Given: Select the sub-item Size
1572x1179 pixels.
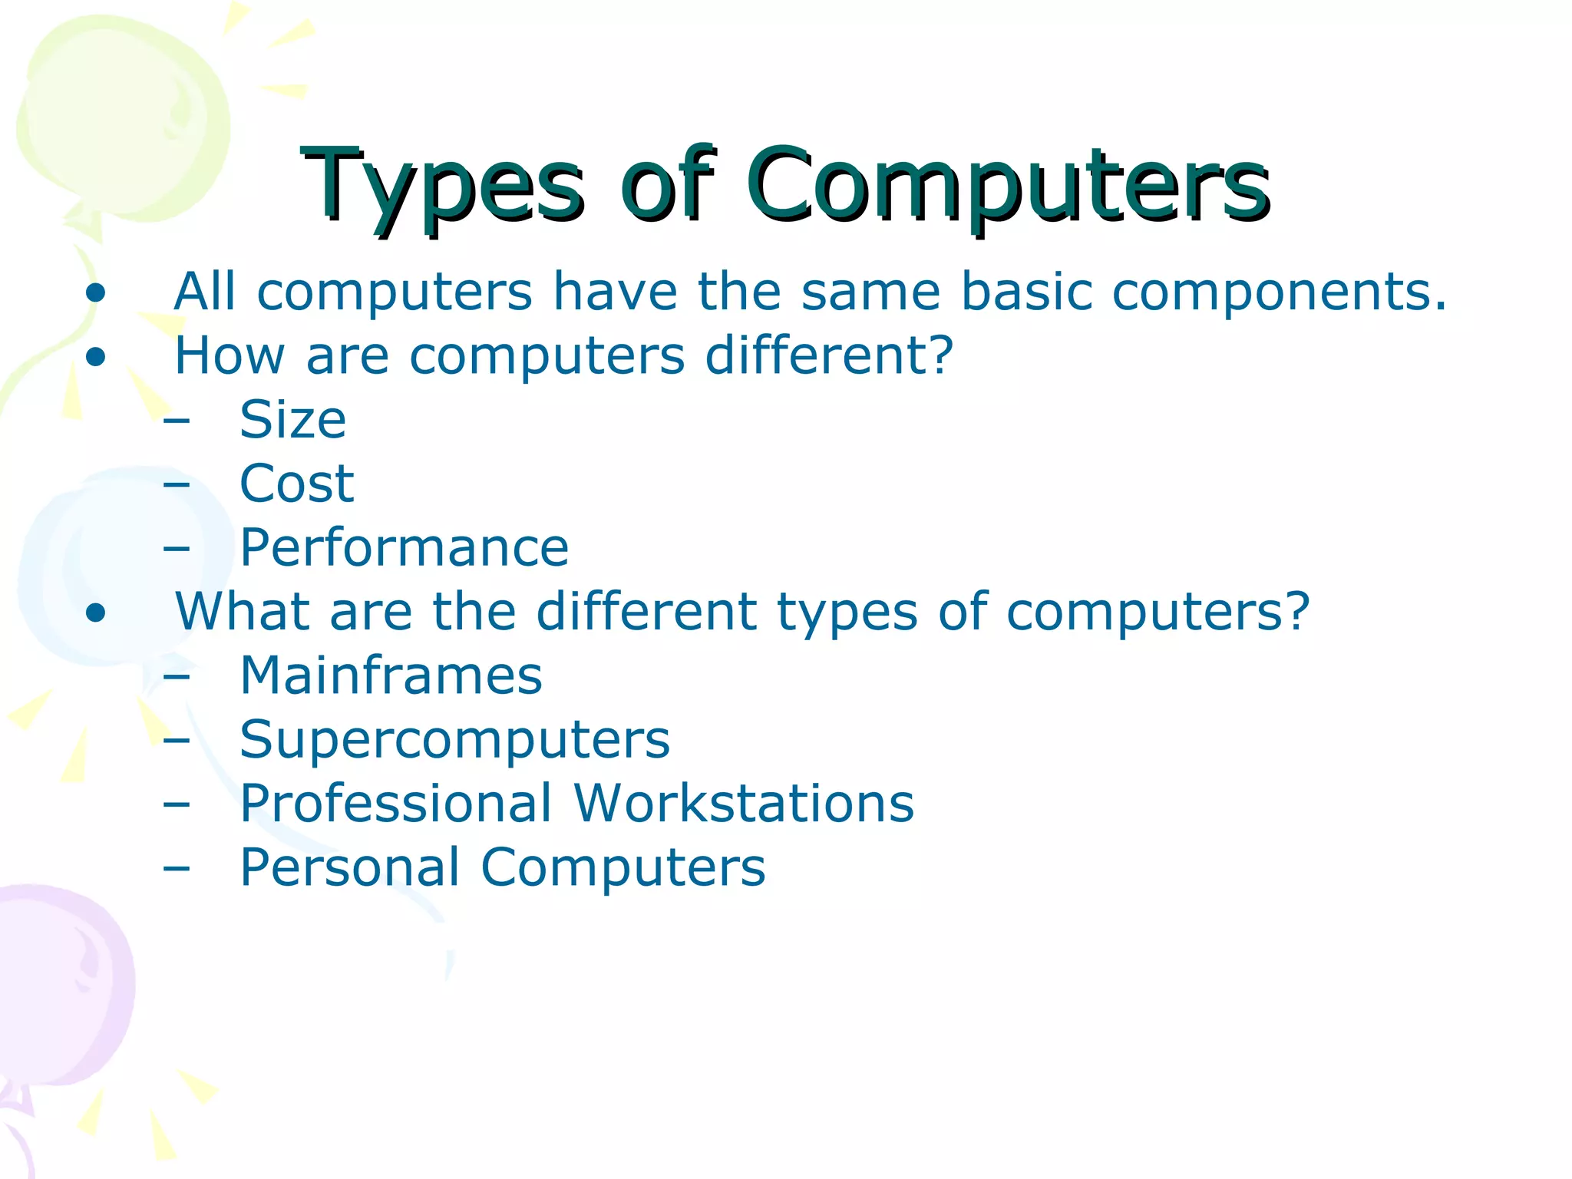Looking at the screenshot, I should (x=292, y=421).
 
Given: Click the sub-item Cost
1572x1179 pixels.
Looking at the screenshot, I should (x=296, y=484).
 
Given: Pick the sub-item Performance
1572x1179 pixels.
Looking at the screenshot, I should (x=404, y=548).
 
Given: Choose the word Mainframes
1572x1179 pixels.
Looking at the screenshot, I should (x=391, y=676).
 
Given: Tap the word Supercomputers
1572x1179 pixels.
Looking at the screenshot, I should (x=454, y=740).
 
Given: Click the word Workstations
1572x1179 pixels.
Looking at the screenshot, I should (x=744, y=804).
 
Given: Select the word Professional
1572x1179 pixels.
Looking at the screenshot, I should (x=395, y=804).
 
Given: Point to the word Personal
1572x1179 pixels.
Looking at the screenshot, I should (x=349, y=867).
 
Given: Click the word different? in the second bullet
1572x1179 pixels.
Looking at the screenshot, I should (x=829, y=356).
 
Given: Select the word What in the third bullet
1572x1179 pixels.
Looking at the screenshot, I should (x=242, y=612).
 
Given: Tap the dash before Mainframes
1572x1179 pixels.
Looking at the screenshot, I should (x=177, y=677).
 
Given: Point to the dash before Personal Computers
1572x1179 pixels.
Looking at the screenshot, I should (x=177, y=868).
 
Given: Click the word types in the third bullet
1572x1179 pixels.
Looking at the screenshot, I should (x=847, y=612).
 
